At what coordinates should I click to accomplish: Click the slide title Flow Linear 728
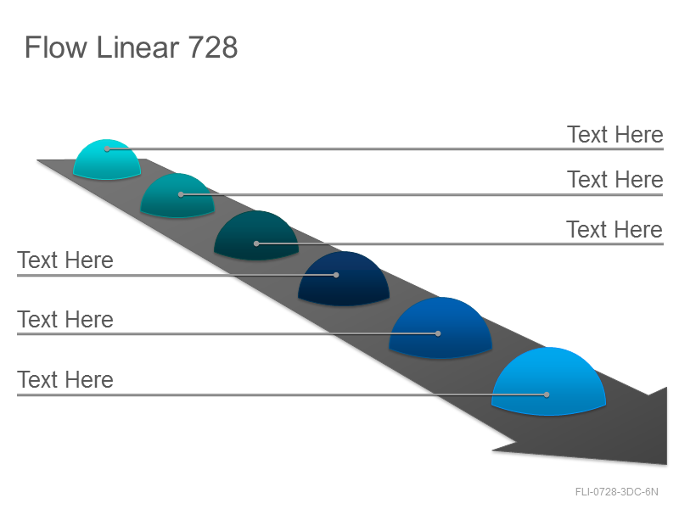pyautogui.click(x=132, y=48)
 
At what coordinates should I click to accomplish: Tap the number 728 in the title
pyautogui.click(x=213, y=48)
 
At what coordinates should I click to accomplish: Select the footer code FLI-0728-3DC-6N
pyautogui.click(x=617, y=492)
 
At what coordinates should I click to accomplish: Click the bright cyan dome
pyautogui.click(x=107, y=159)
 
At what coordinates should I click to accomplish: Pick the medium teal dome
pyautogui.click(x=177, y=196)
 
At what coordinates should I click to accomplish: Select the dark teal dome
pyautogui.click(x=256, y=236)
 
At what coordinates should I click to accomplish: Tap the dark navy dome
pyautogui.click(x=344, y=279)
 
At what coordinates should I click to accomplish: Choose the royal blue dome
pyautogui.click(x=441, y=327)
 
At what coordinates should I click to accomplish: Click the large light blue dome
pyautogui.click(x=548, y=381)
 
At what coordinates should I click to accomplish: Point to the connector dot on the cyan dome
pyautogui.click(x=107, y=149)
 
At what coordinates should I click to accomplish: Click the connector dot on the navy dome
pyautogui.click(x=336, y=275)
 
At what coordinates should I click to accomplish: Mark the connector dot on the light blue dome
pyautogui.click(x=547, y=394)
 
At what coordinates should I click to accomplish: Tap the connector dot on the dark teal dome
pyautogui.click(x=256, y=243)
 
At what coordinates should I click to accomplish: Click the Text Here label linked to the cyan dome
pyautogui.click(x=614, y=135)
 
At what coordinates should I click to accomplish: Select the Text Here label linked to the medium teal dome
pyautogui.click(x=614, y=180)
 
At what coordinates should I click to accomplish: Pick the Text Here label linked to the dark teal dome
pyautogui.click(x=614, y=229)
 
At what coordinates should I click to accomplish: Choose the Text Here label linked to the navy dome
pyautogui.click(x=65, y=260)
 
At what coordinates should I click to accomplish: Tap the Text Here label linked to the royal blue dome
pyautogui.click(x=65, y=320)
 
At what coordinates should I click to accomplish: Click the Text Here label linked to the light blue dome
pyautogui.click(x=65, y=379)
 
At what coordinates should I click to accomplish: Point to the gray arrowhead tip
pyautogui.click(x=666, y=464)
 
